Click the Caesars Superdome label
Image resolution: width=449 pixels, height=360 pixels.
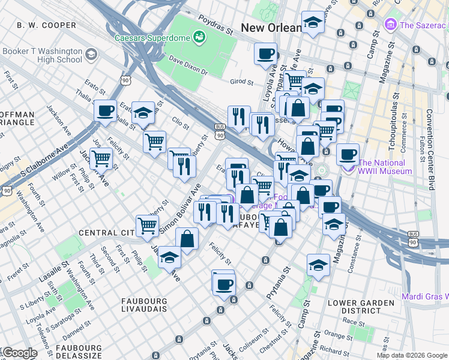pyautogui.click(x=152, y=37)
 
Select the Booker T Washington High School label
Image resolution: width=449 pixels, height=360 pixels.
pyautogui.click(x=42, y=55)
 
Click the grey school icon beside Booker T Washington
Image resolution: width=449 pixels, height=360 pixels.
pyautogui.click(x=91, y=55)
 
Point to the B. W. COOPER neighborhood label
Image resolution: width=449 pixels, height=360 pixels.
pyautogui.click(x=47, y=25)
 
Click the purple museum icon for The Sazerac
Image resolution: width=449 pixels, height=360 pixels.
pyautogui.click(x=391, y=25)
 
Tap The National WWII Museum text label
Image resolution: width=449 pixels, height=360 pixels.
pyautogui.click(x=385, y=167)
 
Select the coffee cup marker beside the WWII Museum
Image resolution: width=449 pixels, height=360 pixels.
pyautogui.click(x=348, y=154)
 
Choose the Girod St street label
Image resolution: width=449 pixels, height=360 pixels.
pyautogui.click(x=243, y=82)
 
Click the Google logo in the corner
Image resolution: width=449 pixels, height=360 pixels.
pyautogui.click(x=20, y=352)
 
